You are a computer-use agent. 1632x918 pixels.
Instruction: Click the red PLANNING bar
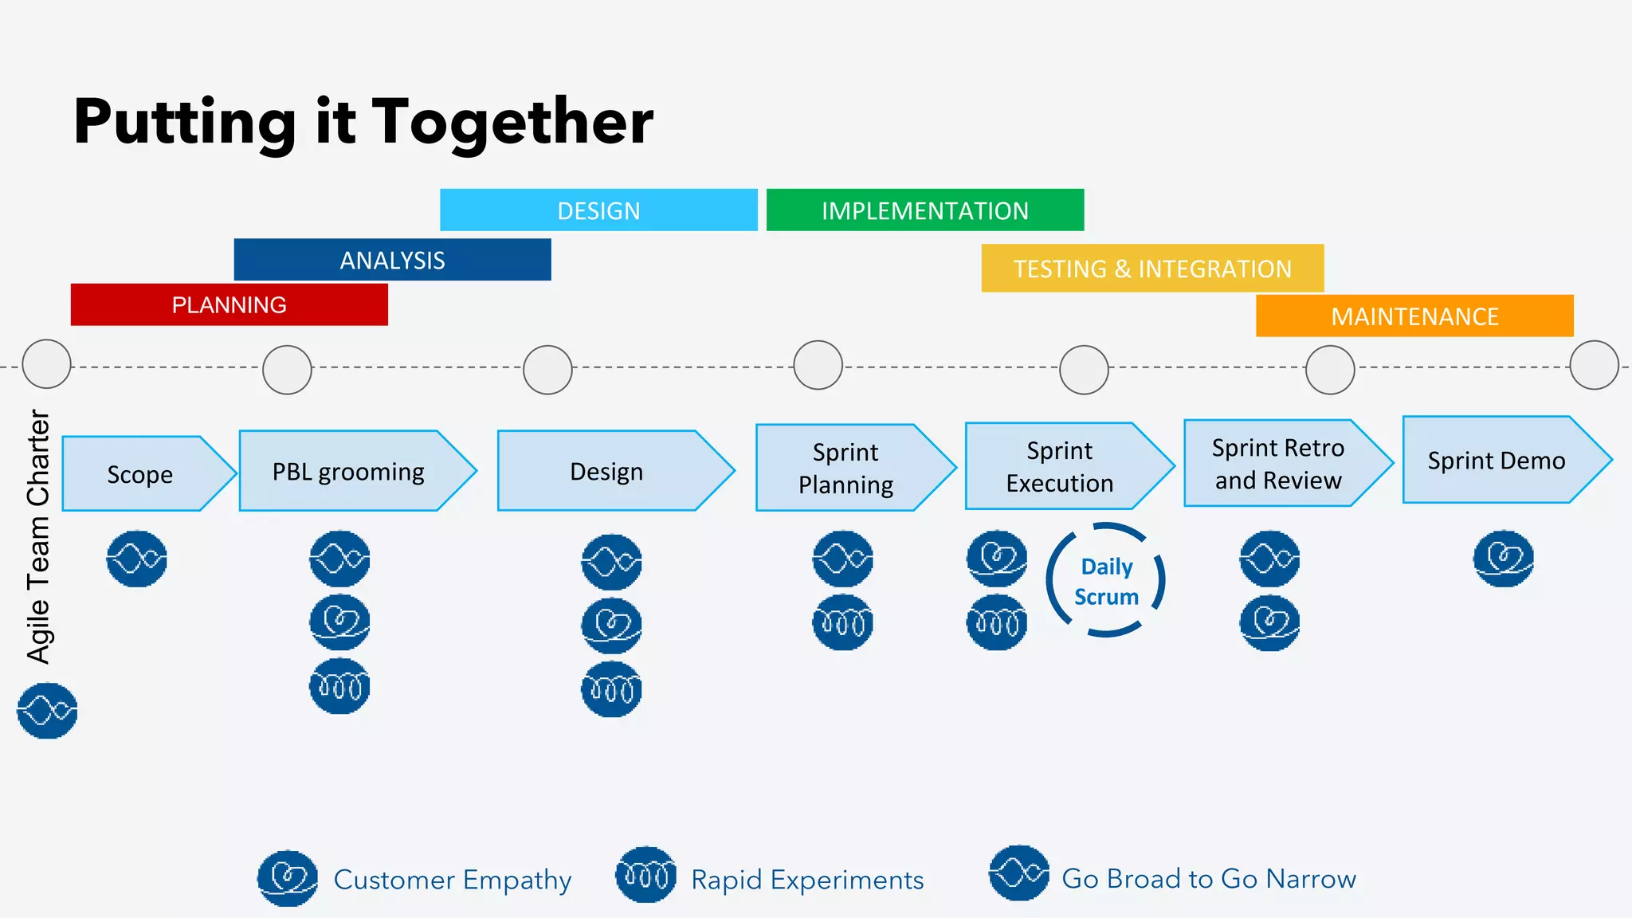(x=229, y=304)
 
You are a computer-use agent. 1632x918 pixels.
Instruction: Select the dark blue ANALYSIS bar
(x=392, y=260)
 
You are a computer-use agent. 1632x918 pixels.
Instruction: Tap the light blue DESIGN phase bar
(x=598, y=210)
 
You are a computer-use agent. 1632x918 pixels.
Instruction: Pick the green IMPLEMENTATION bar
(x=924, y=210)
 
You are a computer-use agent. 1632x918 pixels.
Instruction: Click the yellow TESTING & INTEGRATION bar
(x=1151, y=269)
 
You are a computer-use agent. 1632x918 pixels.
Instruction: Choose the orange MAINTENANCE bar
(x=1414, y=316)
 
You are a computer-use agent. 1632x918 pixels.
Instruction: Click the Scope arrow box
(x=140, y=474)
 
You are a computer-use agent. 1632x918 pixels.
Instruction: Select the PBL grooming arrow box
(x=348, y=472)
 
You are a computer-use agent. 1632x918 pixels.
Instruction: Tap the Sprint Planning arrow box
(x=845, y=469)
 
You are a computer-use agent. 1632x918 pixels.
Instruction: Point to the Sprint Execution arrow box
(x=1059, y=467)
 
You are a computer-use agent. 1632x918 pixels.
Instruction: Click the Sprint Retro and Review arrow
(x=1277, y=464)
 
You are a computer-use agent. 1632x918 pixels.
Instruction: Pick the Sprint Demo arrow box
(x=1496, y=461)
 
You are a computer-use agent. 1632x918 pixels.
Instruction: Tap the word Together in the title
(x=512, y=123)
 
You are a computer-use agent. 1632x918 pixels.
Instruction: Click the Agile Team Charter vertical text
(x=38, y=535)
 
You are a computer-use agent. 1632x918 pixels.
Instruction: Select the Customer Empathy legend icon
(x=288, y=878)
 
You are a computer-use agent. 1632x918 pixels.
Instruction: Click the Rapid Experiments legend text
(x=806, y=880)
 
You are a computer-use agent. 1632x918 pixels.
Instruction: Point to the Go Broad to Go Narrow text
(x=1208, y=878)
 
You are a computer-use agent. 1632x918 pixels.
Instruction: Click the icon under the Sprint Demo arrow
(x=1503, y=559)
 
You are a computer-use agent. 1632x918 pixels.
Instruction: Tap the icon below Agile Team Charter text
(x=47, y=710)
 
